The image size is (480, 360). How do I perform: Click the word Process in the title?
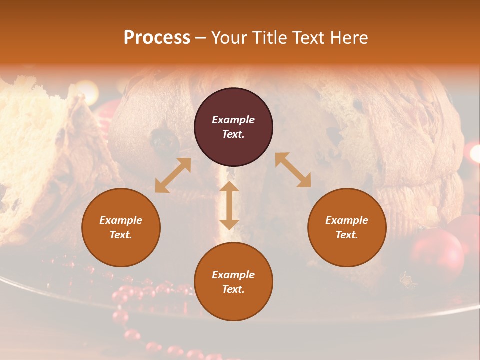coord(157,38)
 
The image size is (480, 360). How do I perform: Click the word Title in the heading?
coord(268,38)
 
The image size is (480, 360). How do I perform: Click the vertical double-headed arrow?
coord(229,205)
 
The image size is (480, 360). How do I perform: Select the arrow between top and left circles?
coord(173,175)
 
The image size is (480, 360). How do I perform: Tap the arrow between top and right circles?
coord(293,170)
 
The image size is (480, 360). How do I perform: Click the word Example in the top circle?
coord(233,120)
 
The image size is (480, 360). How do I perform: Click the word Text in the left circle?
coord(121,235)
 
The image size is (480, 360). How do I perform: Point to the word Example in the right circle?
coord(347,220)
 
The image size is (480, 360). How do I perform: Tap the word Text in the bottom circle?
coord(233,289)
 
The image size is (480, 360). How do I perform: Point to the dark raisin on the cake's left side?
coord(165,142)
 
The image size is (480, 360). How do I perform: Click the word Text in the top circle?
coord(233,134)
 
